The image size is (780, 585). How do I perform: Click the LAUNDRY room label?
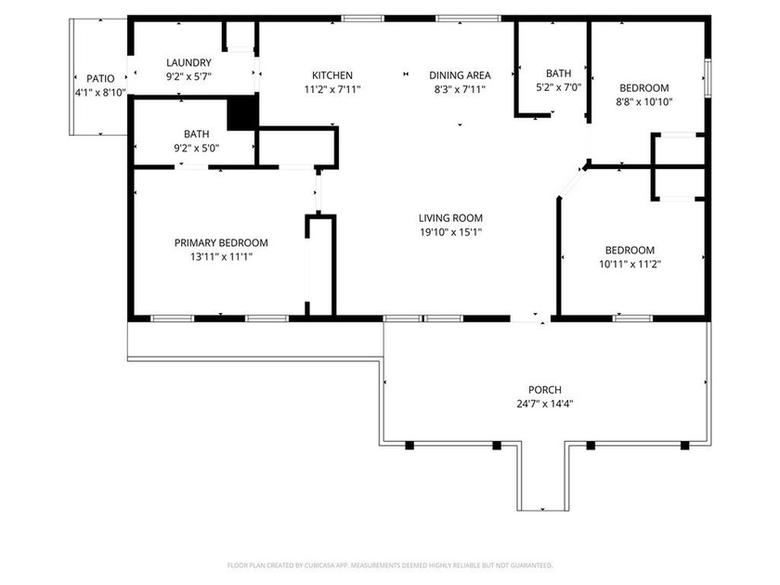189,62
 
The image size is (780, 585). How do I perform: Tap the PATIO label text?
100,79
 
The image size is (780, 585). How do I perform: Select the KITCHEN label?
331,75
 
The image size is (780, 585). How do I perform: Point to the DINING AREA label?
459,75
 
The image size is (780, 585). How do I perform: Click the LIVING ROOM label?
449,218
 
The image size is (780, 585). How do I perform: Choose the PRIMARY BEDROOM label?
221,242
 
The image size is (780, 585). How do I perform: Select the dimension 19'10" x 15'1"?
449,232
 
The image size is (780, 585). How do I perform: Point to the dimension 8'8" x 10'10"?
644,102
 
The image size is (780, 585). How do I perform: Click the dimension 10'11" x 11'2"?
630,264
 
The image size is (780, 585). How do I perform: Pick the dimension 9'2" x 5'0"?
196,148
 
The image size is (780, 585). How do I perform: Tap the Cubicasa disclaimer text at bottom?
390,565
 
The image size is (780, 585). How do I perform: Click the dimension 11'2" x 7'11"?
331,89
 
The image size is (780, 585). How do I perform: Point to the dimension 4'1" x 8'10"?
100,93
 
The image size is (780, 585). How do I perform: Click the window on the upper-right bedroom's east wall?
708,77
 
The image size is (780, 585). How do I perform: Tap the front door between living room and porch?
531,318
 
